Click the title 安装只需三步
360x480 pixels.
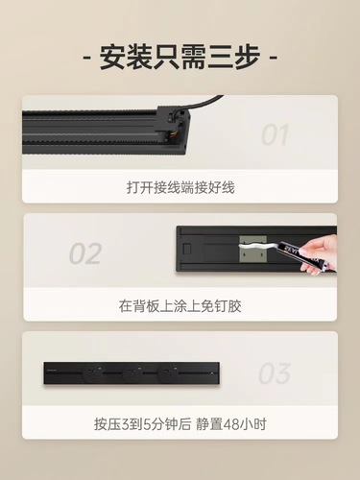coord(180,55)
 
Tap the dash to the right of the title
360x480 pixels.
coord(273,55)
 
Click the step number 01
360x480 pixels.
coord(276,135)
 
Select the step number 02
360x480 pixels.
coord(84,254)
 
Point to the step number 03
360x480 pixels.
coord(275,372)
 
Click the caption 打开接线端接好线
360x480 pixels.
coord(180,187)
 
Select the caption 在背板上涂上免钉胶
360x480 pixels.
coord(180,306)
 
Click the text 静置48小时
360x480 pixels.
coord(229,423)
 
